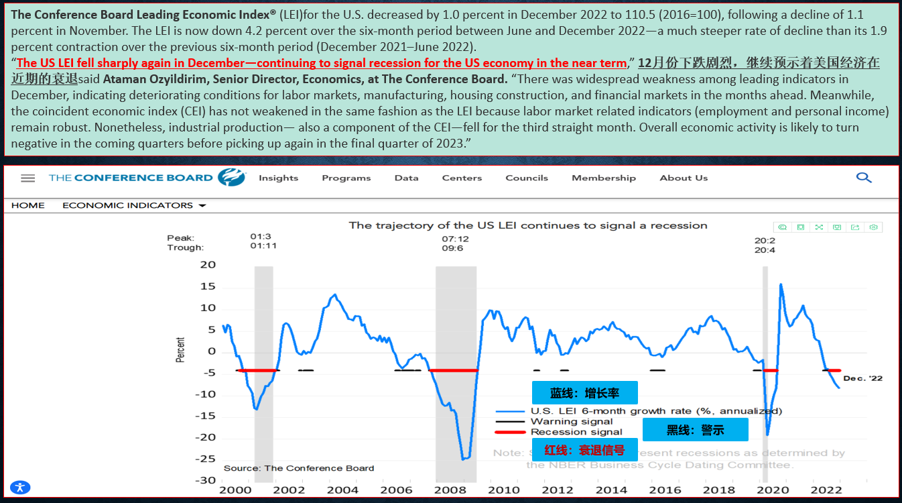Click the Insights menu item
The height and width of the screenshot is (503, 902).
pos(278,178)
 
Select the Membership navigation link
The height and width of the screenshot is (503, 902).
pos(603,178)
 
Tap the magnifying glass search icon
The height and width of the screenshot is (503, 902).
pos(864,177)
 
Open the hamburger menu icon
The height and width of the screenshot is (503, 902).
pos(27,178)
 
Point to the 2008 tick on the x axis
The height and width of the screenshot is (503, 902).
pos(450,490)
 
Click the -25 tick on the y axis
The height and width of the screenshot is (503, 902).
pos(208,459)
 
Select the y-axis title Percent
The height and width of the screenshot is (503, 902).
pos(180,350)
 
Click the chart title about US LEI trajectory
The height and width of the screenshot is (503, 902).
pos(528,225)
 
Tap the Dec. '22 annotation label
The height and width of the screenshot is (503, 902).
pos(862,378)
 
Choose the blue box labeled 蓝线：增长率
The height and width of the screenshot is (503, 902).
pos(584,392)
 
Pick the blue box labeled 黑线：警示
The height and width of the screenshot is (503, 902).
pos(695,430)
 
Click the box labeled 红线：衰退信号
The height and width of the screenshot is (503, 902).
pos(584,450)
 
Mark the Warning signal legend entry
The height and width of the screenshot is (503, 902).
pos(571,421)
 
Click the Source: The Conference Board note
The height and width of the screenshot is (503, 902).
pos(299,468)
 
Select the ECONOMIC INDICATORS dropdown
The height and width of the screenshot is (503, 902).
pos(134,205)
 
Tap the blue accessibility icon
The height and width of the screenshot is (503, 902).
pos(20,488)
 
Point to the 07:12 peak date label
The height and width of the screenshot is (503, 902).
pos(455,238)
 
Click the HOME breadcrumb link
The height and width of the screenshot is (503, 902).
pos(28,205)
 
